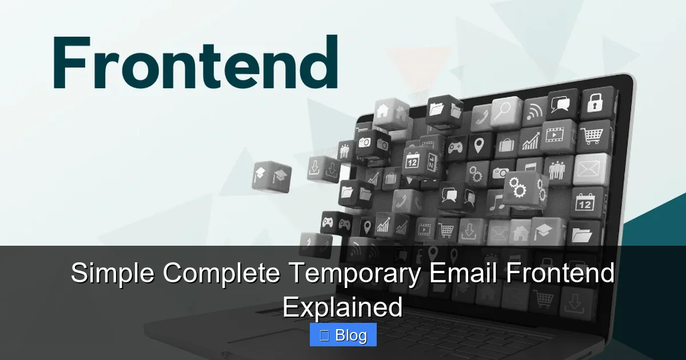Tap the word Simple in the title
tap(112, 274)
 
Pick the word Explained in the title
tap(342, 307)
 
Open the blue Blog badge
tap(343, 335)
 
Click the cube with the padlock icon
tap(596, 103)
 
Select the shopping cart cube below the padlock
tap(592, 137)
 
